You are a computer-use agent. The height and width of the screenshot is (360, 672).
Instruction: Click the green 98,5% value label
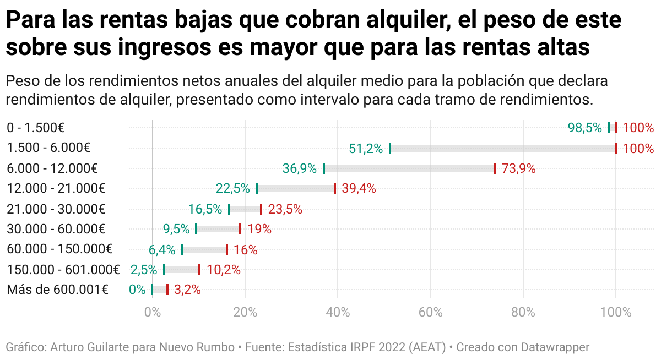coord(584,128)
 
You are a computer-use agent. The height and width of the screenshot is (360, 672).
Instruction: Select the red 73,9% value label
coord(518,169)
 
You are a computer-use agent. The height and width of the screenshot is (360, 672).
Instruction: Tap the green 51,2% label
coord(366,149)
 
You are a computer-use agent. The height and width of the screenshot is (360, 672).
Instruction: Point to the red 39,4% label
coord(359,189)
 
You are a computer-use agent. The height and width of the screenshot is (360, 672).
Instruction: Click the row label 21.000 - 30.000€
coord(56,209)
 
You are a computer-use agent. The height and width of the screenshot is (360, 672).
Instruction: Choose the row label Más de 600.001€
coord(57,290)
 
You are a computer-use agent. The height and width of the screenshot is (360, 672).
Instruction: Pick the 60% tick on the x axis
coord(431,313)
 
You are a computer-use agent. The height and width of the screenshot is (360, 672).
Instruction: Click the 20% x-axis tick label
coord(245,313)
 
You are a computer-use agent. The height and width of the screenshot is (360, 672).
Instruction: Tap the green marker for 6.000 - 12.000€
coord(324,168)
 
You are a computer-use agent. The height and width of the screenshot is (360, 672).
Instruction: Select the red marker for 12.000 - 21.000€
coord(334,189)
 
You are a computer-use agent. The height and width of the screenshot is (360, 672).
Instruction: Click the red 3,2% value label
coord(187,290)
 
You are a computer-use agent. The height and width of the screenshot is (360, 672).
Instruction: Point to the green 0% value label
coord(137,290)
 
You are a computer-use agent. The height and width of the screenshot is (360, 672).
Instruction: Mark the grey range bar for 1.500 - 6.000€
coord(502,149)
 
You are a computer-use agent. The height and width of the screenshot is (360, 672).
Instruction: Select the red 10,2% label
coord(223,270)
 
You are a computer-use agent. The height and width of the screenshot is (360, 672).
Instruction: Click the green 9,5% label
coord(176,230)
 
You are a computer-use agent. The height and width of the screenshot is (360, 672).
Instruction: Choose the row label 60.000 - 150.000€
coord(59,249)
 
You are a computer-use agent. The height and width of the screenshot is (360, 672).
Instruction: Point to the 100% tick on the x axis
coord(616,313)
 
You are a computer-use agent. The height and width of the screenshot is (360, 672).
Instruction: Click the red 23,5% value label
coord(285,209)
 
